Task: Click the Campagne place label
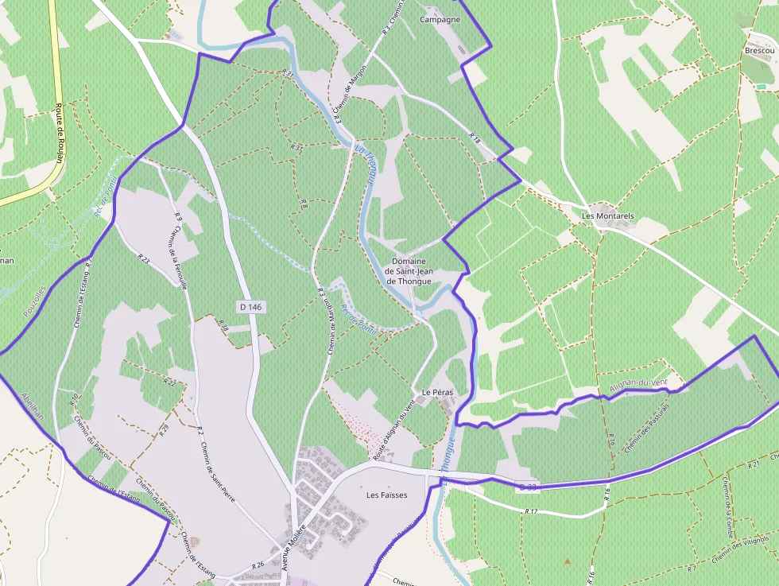click(x=440, y=19)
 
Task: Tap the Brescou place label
click(x=759, y=50)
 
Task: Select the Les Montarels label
click(x=608, y=215)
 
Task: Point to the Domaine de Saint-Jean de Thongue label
click(x=409, y=271)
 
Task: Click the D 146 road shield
click(x=250, y=306)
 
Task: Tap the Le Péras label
click(x=436, y=393)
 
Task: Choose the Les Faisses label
click(x=386, y=495)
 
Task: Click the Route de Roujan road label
click(x=60, y=133)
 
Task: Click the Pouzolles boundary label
click(x=35, y=304)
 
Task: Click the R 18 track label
click(x=475, y=138)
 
